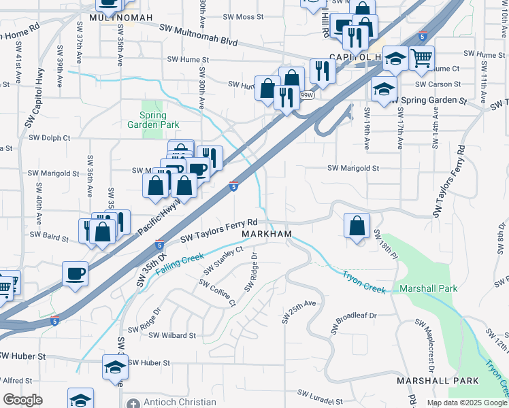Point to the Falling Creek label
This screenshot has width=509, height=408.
[x=180, y=263]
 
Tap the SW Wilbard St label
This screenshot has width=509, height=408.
[x=172, y=335]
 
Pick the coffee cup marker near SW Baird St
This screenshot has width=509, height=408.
[x=75, y=273]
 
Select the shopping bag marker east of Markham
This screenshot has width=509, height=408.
[x=357, y=226]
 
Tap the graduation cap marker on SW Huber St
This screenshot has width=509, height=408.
[x=115, y=367]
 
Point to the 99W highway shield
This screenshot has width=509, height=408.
[x=307, y=96]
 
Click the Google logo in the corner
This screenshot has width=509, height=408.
[x=22, y=400]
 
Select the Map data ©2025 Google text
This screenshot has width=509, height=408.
[x=467, y=403]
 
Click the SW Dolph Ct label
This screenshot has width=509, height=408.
[x=49, y=137]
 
